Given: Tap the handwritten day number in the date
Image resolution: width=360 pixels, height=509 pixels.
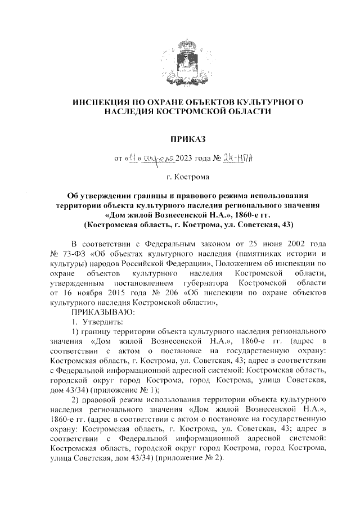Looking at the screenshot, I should (x=134, y=159).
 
